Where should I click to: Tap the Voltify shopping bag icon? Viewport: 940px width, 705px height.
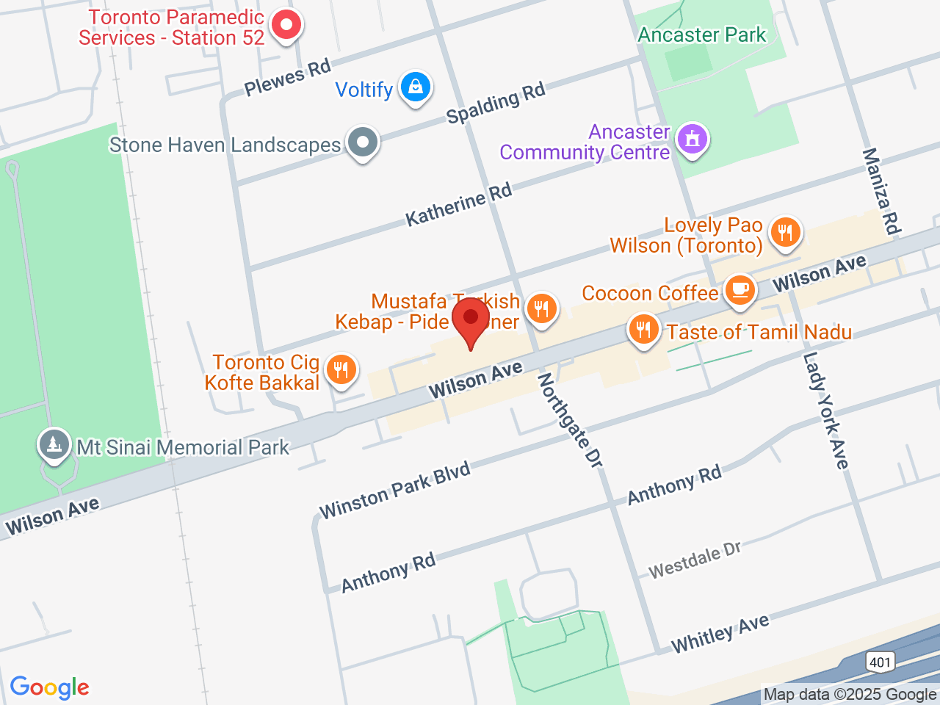pyautogui.click(x=415, y=87)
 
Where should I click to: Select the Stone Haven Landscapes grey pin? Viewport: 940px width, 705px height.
pyautogui.click(x=362, y=142)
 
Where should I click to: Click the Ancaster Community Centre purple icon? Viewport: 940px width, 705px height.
pyautogui.click(x=692, y=139)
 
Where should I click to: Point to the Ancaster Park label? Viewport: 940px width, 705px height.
pyautogui.click(x=701, y=35)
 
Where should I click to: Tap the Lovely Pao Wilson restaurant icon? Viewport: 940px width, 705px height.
pyautogui.click(x=785, y=232)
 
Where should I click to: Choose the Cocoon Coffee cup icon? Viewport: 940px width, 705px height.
pyautogui.click(x=740, y=289)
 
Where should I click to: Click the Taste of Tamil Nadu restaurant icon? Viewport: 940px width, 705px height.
pyautogui.click(x=643, y=329)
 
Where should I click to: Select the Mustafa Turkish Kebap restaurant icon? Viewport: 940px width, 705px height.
pyautogui.click(x=542, y=308)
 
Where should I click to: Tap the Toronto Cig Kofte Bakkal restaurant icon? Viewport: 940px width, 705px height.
pyautogui.click(x=340, y=369)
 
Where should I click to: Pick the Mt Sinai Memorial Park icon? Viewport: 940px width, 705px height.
pyautogui.click(x=54, y=444)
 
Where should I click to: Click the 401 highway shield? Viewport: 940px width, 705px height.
pyautogui.click(x=880, y=662)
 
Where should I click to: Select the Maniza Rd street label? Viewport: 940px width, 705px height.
pyautogui.click(x=881, y=191)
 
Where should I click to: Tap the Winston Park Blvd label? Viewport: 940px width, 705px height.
pyautogui.click(x=394, y=491)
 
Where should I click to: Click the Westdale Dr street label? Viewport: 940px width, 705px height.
pyautogui.click(x=695, y=560)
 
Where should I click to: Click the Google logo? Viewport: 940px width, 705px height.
pyautogui.click(x=49, y=688)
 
